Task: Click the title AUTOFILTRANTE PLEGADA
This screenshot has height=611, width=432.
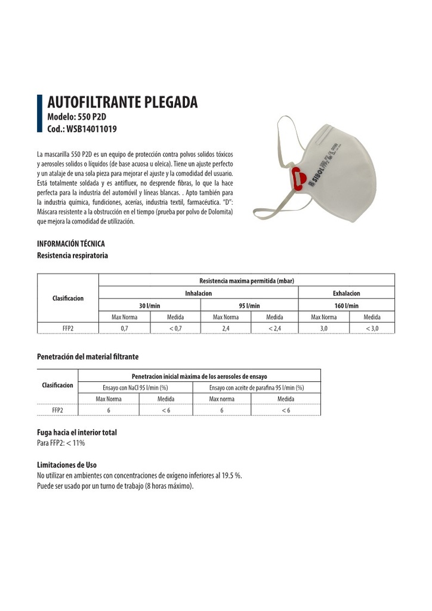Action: tap(122, 103)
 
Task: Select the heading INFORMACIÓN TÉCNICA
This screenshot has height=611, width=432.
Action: tap(71, 244)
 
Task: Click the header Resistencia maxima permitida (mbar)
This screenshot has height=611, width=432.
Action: tap(246, 280)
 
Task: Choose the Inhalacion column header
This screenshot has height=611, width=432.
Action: tap(198, 293)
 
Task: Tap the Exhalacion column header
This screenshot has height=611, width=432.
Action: tap(346, 293)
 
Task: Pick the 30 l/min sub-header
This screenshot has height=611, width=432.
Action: tap(149, 305)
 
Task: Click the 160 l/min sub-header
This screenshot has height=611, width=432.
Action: tap(346, 305)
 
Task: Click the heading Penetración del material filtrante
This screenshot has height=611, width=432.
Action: tap(88, 357)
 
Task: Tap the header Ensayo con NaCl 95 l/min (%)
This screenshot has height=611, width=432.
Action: tap(135, 388)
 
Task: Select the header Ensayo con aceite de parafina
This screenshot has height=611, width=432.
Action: tap(256, 388)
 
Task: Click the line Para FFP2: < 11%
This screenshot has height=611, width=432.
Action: tap(61, 443)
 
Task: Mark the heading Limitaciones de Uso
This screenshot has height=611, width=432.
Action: tap(67, 465)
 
